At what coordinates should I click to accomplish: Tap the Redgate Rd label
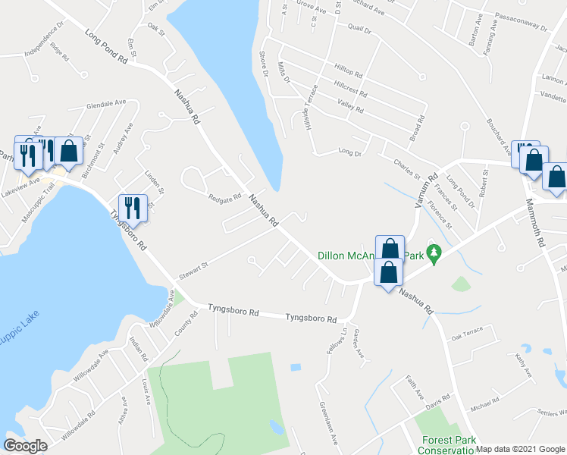(x=224, y=197)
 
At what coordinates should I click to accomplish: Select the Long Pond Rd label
(x=108, y=45)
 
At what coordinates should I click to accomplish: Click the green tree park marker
(x=434, y=253)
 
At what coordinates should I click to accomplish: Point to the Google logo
(x=26, y=445)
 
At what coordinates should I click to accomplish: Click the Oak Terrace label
(x=467, y=337)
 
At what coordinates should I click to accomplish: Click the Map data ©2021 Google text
(x=521, y=449)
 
